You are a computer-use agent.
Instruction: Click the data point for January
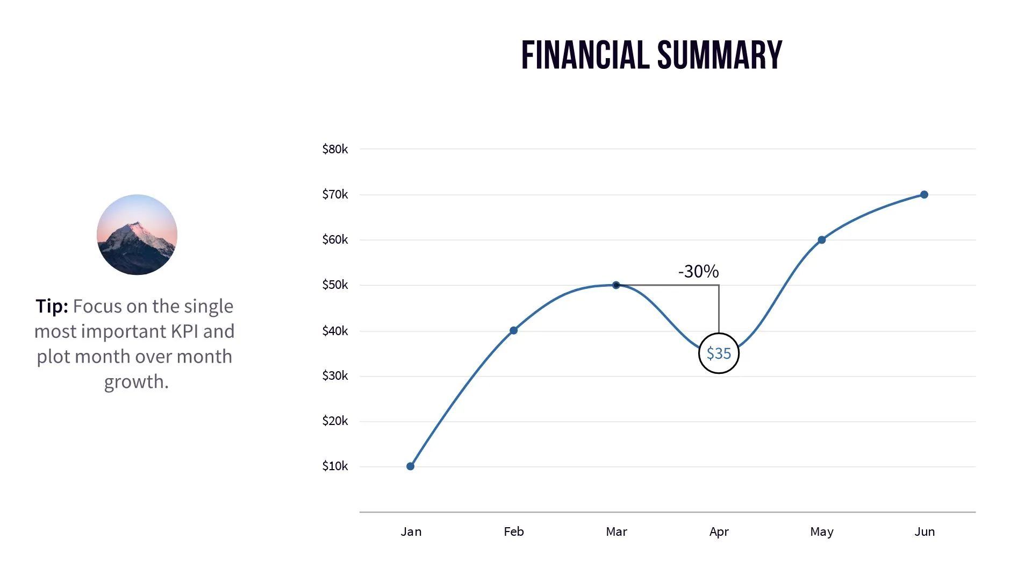410,466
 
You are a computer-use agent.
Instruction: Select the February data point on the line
513,330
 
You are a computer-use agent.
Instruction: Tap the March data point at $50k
616,285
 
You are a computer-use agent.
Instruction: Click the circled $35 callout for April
719,353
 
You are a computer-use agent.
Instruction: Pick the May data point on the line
821,240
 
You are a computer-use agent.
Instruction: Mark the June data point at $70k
924,195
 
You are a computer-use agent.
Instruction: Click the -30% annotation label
698,272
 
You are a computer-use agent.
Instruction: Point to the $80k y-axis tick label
335,149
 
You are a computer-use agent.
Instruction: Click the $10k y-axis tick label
335,466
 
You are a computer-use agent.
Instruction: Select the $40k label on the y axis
335,331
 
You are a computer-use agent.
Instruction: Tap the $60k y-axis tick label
335,239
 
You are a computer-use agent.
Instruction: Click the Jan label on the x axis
411,532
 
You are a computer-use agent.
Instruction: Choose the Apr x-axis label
719,532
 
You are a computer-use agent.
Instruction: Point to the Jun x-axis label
924,532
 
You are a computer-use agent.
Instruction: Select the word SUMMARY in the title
720,55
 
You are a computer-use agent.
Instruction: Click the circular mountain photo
137,235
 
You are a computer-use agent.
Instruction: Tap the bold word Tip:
52,306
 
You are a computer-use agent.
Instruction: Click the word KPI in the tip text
184,331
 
